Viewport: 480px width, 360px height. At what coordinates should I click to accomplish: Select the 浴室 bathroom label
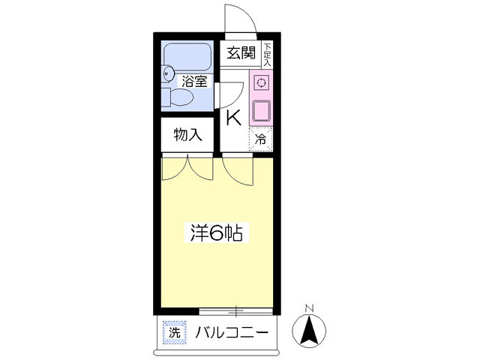point(194,81)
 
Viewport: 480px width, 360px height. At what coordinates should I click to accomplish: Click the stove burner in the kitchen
point(261,82)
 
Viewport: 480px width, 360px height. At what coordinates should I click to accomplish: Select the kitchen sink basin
point(261,110)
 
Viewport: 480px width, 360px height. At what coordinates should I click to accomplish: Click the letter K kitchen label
point(233,118)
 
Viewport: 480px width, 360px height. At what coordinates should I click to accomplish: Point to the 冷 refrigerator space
point(261,139)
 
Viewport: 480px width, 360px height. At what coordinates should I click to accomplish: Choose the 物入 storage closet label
point(187,135)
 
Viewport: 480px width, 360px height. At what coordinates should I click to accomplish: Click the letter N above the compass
point(308,308)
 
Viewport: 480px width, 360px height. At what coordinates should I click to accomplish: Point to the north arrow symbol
point(308,329)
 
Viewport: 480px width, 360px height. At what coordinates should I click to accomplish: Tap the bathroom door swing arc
point(229,94)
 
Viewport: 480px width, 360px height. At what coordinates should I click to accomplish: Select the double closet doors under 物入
point(187,168)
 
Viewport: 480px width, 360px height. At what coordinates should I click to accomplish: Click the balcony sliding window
point(236,310)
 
